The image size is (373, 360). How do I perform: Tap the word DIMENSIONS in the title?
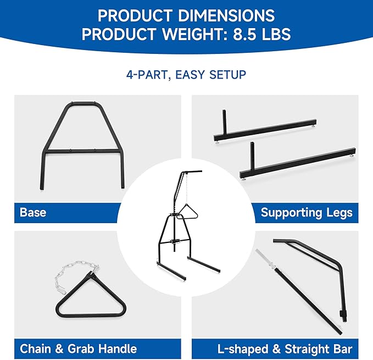226,16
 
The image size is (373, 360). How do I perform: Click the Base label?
33,212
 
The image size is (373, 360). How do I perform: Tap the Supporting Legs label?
307,213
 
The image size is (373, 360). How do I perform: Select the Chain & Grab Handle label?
78,349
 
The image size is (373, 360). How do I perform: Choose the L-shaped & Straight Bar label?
285,349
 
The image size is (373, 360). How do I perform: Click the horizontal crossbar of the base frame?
83,151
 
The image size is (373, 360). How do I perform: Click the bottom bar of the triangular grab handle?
91,315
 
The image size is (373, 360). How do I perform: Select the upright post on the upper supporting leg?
224,122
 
